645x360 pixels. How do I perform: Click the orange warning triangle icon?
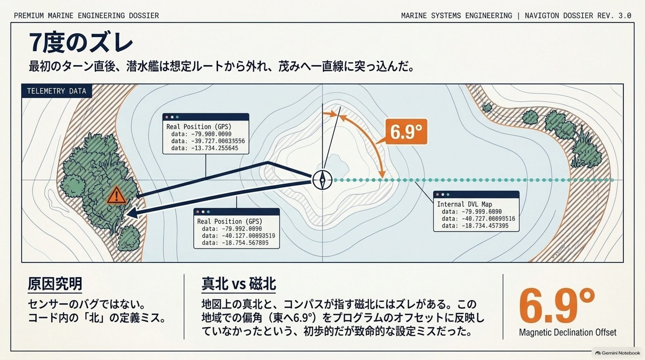(x=116, y=196)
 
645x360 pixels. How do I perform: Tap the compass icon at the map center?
(x=322, y=180)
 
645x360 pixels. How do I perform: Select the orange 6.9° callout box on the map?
(x=406, y=131)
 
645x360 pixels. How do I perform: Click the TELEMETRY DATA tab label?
(x=56, y=91)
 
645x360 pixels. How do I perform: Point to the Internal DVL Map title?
(x=464, y=204)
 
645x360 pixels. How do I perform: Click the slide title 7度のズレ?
(x=81, y=43)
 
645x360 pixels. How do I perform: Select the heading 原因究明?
(x=55, y=284)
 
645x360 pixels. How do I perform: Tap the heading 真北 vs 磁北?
(x=239, y=284)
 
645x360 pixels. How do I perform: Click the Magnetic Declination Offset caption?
(x=568, y=332)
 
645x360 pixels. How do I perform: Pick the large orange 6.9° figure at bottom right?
(x=557, y=306)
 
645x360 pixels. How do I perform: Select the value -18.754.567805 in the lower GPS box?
(x=245, y=243)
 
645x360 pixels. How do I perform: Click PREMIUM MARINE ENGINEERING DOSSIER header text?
(x=86, y=15)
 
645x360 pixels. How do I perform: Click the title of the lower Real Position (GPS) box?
(x=229, y=221)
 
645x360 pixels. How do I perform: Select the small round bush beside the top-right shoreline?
(x=487, y=107)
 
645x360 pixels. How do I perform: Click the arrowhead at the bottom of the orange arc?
(x=382, y=174)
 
